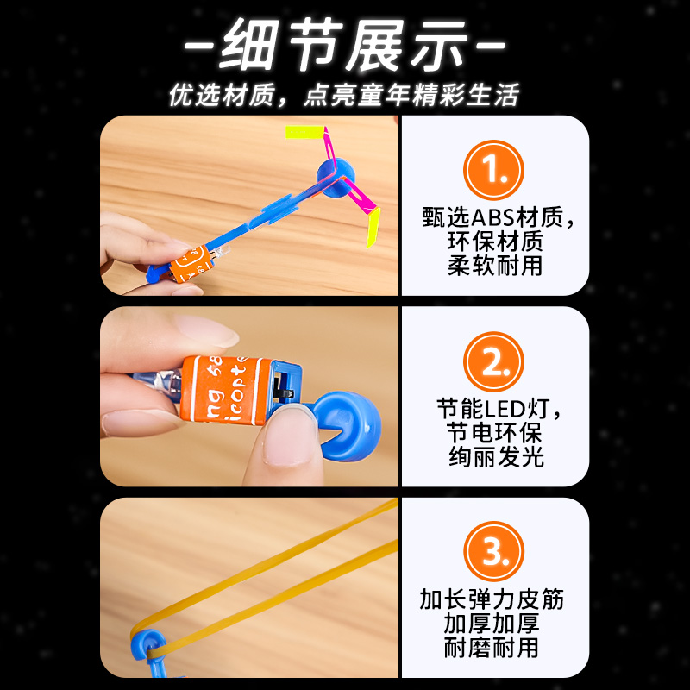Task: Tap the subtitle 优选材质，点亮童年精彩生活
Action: pyautogui.click(x=344, y=95)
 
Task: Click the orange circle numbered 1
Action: pyautogui.click(x=494, y=171)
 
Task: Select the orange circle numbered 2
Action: pyautogui.click(x=494, y=363)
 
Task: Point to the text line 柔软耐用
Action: pyautogui.click(x=494, y=265)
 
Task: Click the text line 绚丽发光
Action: pyautogui.click(x=494, y=456)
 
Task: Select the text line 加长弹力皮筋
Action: pyautogui.click(x=494, y=599)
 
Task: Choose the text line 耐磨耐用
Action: pyautogui.click(x=494, y=648)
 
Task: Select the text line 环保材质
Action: pyautogui.click(x=494, y=241)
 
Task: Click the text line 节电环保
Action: pyautogui.click(x=494, y=432)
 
